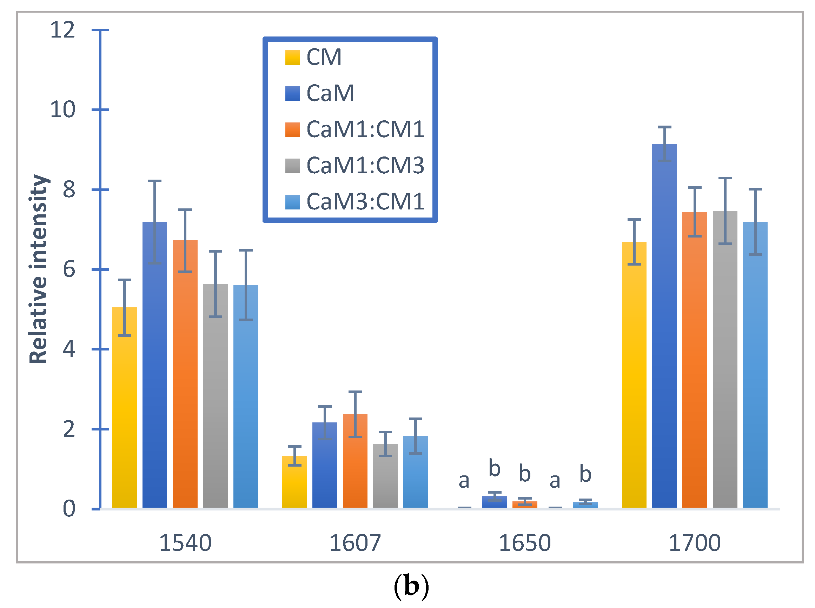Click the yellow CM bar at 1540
tap(124, 408)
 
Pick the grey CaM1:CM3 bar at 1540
tap(216, 397)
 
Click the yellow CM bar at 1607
tap(294, 482)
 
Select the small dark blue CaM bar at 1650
tap(495, 503)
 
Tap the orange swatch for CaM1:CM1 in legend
tap(293, 129)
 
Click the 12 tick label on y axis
tap(62, 30)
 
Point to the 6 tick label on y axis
tap(69, 269)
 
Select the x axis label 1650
tap(525, 543)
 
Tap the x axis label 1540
tap(185, 543)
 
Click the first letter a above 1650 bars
tap(464, 481)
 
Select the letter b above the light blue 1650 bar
tap(585, 474)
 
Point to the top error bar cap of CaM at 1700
tap(664, 127)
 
